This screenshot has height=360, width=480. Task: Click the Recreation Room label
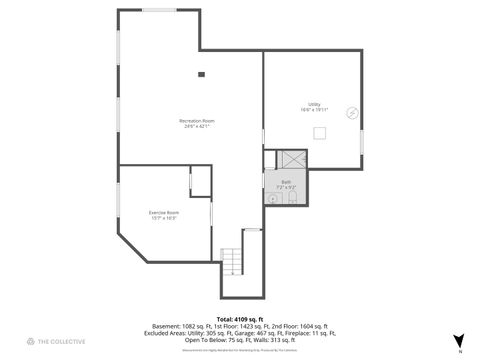[x=197, y=121]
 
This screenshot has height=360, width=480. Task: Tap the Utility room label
[x=314, y=104]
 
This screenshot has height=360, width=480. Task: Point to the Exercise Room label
[x=164, y=212]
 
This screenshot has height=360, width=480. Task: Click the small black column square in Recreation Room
[x=201, y=73]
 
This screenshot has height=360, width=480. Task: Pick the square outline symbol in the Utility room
[x=320, y=132]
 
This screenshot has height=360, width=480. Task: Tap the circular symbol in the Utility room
[x=351, y=113]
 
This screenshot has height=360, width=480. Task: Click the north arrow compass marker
[x=458, y=341]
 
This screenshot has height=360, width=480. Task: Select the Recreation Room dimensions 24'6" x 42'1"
[x=197, y=127]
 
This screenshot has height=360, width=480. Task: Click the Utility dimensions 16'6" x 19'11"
[x=314, y=110]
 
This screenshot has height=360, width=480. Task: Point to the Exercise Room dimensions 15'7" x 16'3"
[x=164, y=218]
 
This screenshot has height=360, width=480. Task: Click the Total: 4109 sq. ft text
[x=239, y=318]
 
